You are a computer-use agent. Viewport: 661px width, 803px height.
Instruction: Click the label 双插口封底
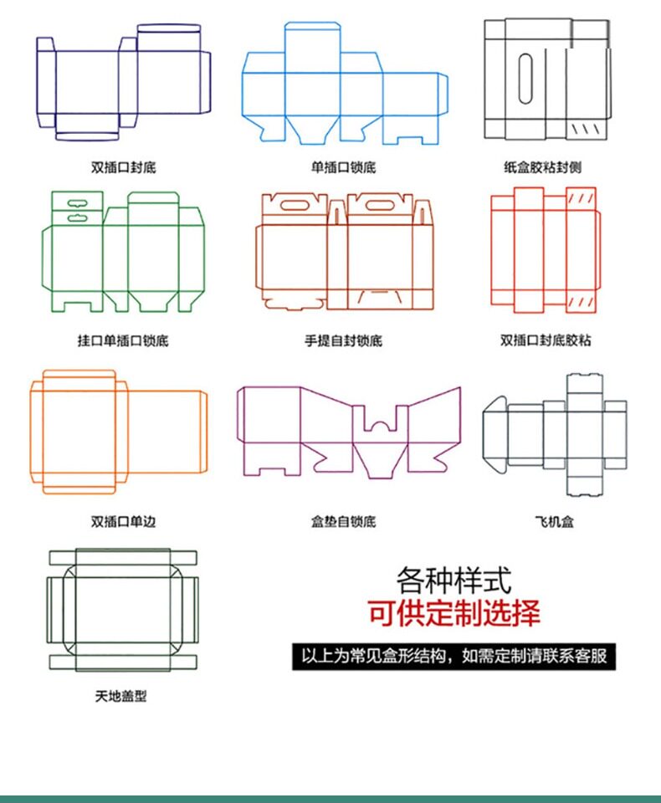123,167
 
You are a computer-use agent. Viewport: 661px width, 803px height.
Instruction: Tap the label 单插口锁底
343,167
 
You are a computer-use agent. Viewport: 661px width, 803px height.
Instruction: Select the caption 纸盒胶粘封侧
542,167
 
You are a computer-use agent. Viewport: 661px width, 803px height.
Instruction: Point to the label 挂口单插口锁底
123,341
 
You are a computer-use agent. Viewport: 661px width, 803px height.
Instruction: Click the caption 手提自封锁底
343,341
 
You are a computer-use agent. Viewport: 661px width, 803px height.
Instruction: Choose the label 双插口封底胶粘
546,340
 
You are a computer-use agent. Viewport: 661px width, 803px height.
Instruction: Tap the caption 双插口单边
123,522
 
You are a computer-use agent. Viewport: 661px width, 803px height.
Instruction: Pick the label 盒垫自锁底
343,522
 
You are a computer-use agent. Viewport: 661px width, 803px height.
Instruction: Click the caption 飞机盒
555,522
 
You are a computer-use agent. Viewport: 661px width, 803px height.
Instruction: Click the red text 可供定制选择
453,613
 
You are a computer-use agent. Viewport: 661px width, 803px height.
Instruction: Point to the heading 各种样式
453,579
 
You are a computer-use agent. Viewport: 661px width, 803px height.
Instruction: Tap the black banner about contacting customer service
453,656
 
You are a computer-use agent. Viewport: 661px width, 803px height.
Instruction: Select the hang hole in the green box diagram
73,201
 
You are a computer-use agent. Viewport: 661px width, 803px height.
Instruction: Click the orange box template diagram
117,431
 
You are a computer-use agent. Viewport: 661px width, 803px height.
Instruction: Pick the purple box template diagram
348,431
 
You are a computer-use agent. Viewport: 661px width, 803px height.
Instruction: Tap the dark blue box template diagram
122,81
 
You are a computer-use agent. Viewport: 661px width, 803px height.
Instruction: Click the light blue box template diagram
344,84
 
